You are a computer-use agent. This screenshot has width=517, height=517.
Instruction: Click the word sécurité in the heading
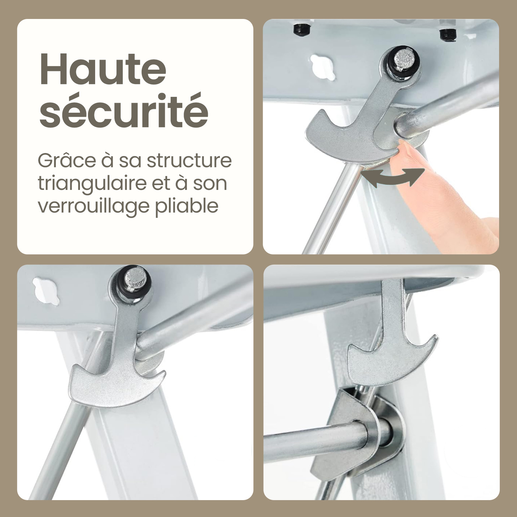(124, 110)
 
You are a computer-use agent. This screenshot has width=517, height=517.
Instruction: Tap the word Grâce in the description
(67, 161)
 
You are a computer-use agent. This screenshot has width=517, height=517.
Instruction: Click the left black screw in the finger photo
(301, 29)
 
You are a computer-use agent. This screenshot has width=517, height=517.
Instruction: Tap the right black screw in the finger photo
(448, 34)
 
